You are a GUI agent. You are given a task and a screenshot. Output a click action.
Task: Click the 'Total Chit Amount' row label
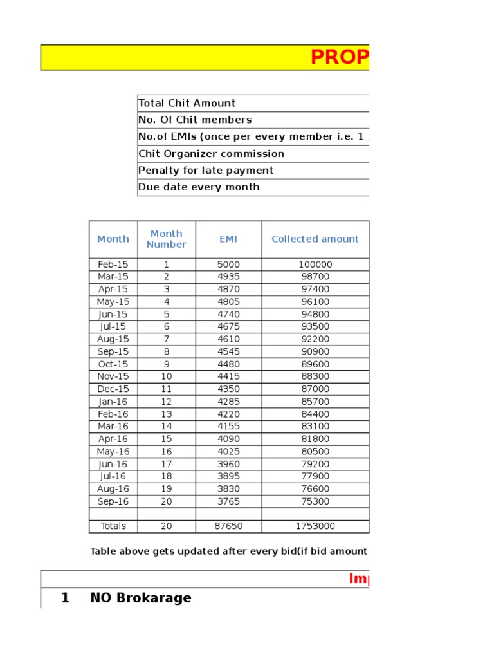187,103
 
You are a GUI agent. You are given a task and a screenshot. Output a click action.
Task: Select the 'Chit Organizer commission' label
211,154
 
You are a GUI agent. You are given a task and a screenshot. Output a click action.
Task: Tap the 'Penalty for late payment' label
206,171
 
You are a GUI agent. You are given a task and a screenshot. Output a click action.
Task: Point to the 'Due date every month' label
199,187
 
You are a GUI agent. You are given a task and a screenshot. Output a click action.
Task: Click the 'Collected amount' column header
315,239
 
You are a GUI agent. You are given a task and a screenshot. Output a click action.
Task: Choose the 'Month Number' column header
167,239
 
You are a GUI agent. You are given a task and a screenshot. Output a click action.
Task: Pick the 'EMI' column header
228,239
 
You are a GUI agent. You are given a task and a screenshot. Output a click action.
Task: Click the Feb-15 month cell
113,265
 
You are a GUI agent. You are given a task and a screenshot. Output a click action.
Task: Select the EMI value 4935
228,277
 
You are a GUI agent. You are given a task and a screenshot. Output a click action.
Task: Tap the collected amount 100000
315,265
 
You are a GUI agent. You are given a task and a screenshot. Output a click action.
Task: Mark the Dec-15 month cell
113,389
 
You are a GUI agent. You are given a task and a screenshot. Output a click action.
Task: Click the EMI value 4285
228,402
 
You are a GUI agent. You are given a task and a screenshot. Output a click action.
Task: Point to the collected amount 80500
315,452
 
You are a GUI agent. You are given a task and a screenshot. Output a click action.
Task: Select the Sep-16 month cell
113,502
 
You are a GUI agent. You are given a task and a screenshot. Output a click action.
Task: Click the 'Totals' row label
113,526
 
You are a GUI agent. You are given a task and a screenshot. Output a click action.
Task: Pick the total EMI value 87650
228,526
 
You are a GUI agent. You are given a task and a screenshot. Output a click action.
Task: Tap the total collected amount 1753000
315,526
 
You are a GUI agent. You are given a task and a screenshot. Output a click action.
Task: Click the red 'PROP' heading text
340,58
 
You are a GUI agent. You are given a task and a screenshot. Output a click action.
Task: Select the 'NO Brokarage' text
141,598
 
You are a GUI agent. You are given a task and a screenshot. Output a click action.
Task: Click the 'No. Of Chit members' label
195,120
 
